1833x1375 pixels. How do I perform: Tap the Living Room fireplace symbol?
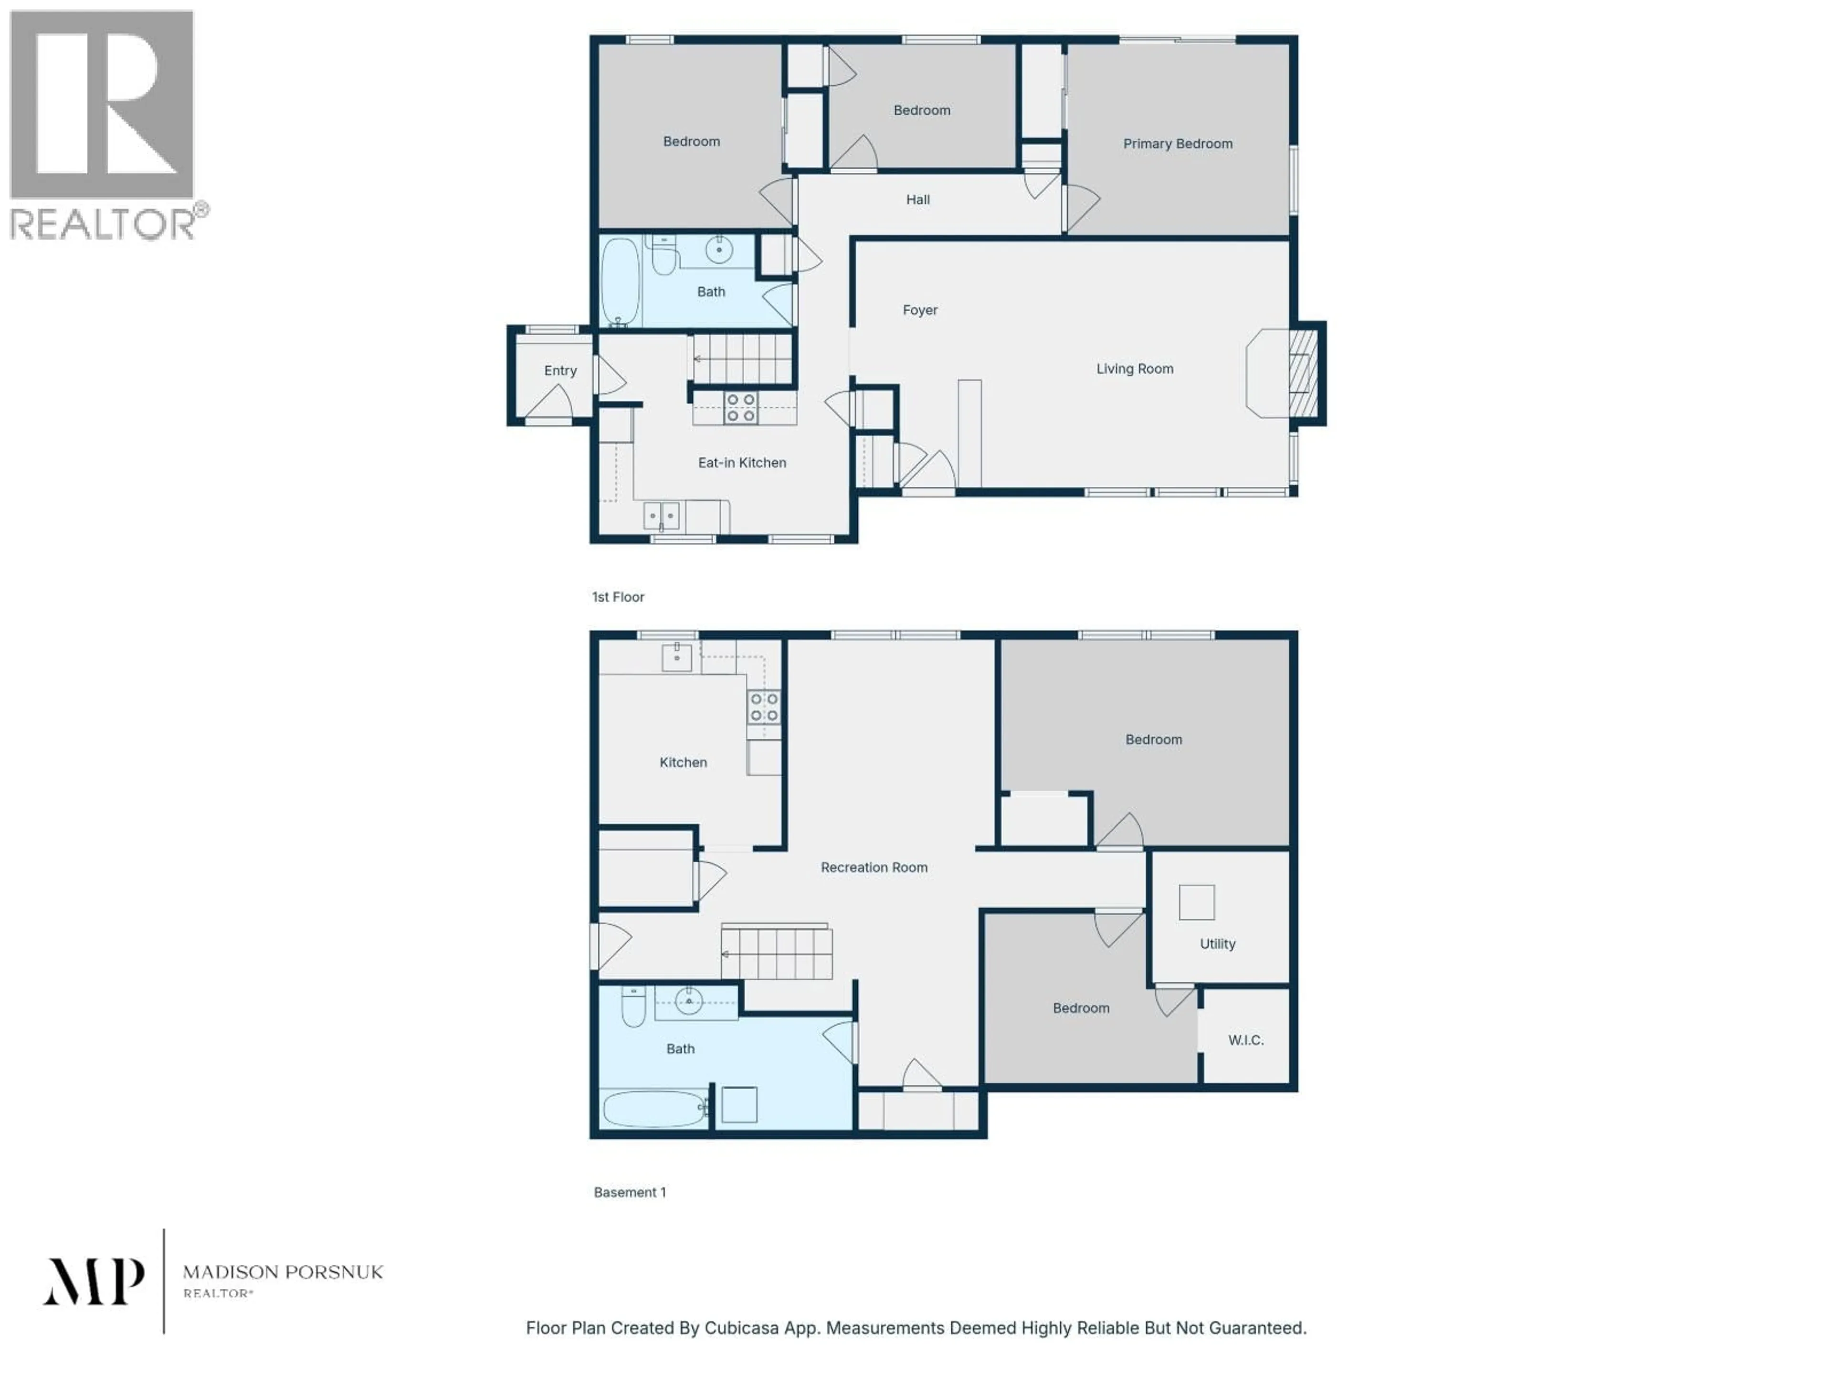pos(1302,373)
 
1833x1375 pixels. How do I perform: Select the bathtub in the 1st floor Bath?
pos(620,282)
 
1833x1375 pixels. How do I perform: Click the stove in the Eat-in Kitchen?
pos(740,408)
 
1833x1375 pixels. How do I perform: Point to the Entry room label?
pos(560,370)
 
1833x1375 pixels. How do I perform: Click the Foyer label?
pos(920,310)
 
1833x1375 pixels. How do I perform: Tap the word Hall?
pos(917,200)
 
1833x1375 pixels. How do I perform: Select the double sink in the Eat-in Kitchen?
pos(661,516)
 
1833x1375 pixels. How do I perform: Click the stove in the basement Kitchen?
pos(763,707)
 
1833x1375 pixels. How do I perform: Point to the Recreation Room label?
pos(874,867)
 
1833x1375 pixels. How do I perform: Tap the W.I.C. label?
pos(1245,1040)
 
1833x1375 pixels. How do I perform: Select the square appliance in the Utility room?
pos(1197,902)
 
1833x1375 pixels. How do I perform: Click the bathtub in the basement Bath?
pos(653,1108)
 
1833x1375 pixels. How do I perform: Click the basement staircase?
pos(777,953)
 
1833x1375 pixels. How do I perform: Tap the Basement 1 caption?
pos(630,1192)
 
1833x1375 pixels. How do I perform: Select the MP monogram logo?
pos(94,1281)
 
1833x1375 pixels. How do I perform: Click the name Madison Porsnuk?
pos(283,1271)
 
